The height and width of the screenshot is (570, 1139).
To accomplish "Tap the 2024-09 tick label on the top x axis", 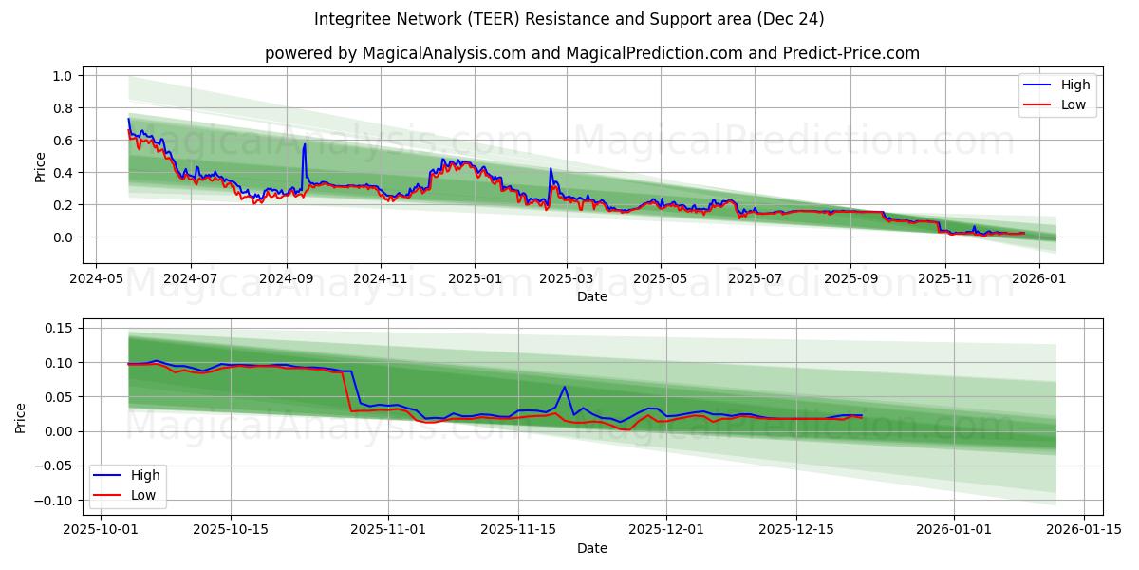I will click(x=286, y=280).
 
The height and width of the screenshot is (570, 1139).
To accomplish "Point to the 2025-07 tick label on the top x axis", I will click(x=755, y=280).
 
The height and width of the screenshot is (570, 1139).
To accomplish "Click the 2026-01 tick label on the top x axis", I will click(x=1038, y=280).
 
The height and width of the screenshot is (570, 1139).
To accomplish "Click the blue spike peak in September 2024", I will click(x=305, y=144).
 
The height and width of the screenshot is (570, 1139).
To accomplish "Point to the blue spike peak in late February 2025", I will click(x=551, y=169).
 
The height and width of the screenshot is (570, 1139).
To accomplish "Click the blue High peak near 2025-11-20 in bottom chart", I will click(x=565, y=387).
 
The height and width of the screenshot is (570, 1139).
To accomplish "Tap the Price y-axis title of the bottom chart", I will click(x=21, y=418).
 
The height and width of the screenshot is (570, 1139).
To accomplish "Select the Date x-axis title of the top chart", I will click(x=591, y=297).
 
